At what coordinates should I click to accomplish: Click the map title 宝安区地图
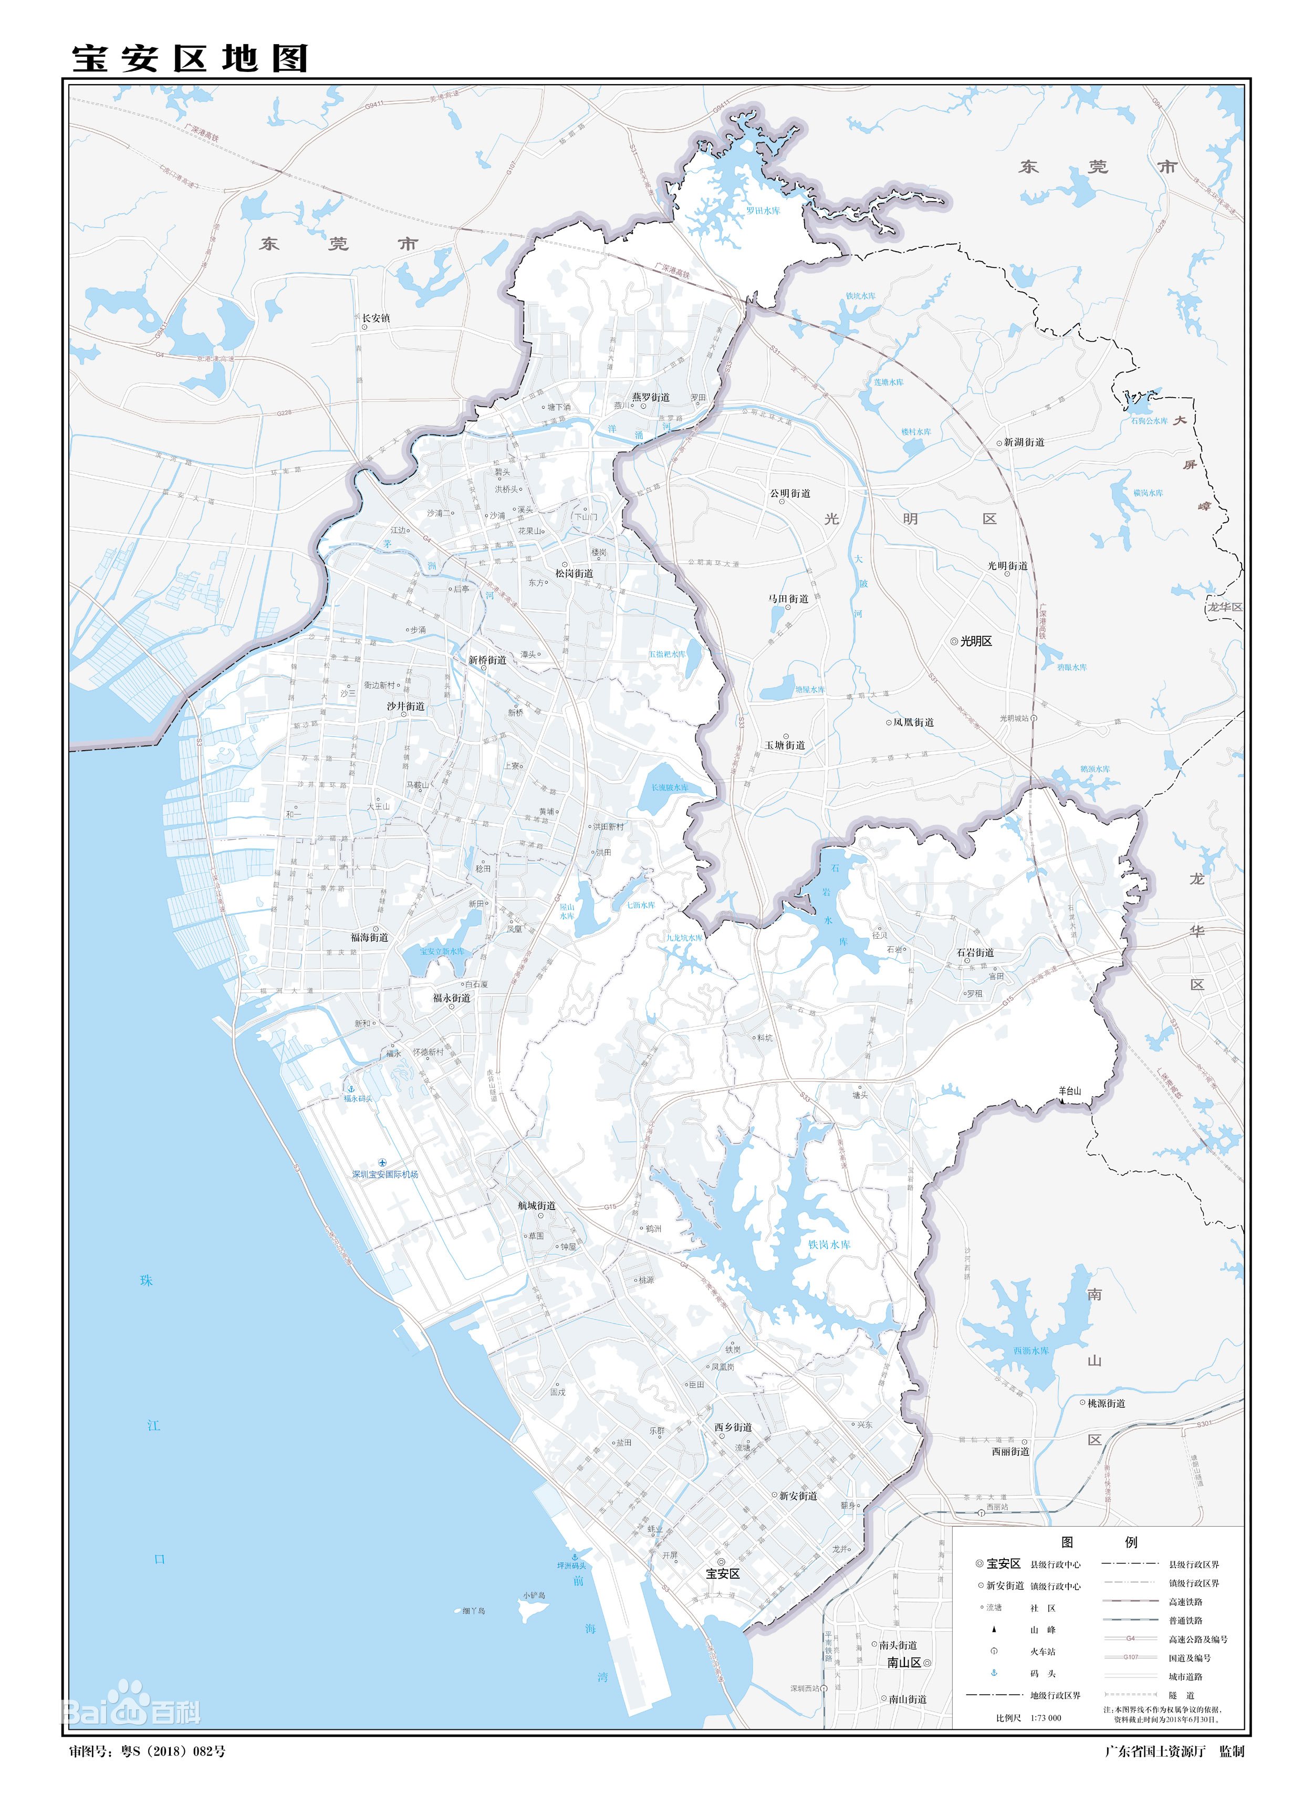coord(190,58)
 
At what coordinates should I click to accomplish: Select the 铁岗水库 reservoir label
coord(829,1245)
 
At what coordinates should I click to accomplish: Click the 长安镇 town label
coord(376,317)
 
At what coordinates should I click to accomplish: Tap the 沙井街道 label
coord(405,706)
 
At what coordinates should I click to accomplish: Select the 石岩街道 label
coord(975,952)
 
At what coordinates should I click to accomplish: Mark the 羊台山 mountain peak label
coord(1069,1090)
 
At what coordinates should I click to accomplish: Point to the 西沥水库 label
coord(1031,1350)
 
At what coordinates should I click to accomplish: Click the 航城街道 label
coord(537,1205)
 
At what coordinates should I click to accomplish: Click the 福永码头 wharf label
coord(358,1099)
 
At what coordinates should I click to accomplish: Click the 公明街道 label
coord(790,493)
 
